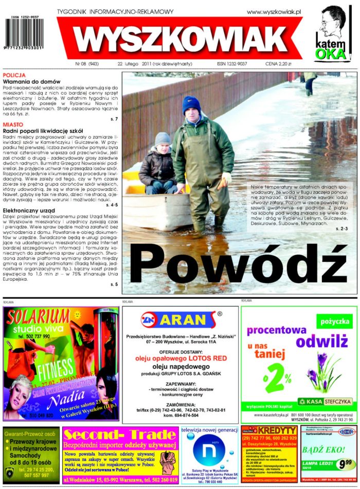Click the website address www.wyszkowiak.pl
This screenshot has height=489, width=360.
(x=274, y=11)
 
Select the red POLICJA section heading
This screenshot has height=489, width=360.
(x=14, y=75)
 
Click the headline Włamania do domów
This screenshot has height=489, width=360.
(x=32, y=82)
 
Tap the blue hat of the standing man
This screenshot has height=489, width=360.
(x=191, y=104)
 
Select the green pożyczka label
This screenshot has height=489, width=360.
(x=334, y=322)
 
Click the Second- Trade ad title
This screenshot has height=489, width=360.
(x=119, y=435)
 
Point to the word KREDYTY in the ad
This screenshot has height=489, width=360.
(x=277, y=430)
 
